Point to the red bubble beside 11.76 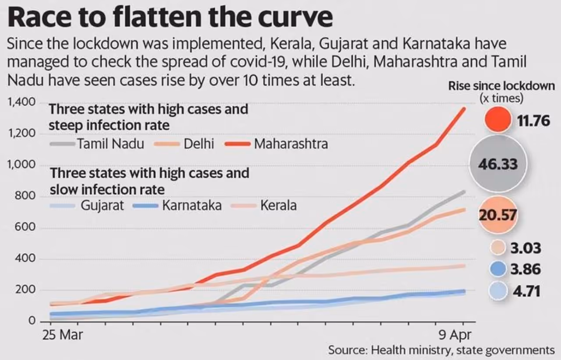click(x=498, y=120)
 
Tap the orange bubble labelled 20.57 click(x=498, y=215)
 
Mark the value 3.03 click(x=525, y=248)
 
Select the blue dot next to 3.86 click(x=498, y=269)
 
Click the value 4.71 click(x=525, y=291)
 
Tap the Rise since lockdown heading click(x=501, y=86)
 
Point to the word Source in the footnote click(x=346, y=350)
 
